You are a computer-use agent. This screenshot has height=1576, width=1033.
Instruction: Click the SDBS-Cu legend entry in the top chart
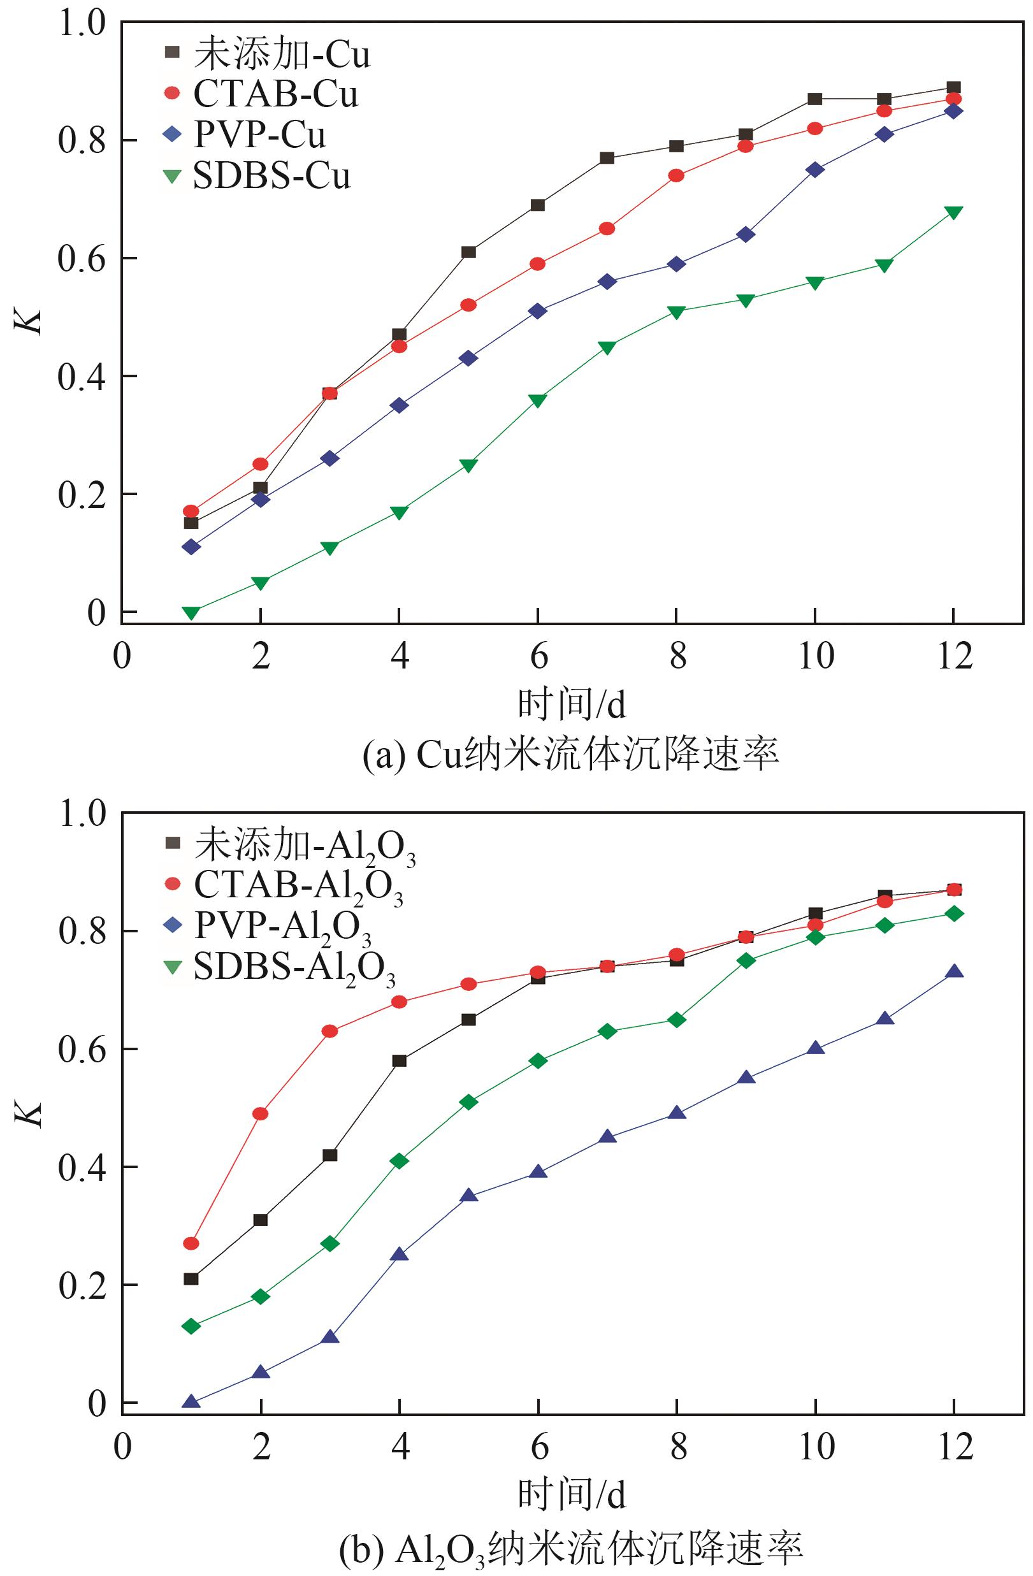(258, 176)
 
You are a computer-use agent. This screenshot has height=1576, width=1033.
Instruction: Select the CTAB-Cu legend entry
(261, 95)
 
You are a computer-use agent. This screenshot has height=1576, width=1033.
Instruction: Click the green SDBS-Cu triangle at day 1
(191, 612)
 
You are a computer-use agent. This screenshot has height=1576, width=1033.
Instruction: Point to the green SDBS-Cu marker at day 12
(953, 212)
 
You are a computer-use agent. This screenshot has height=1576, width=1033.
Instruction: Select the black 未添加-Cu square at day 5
(469, 252)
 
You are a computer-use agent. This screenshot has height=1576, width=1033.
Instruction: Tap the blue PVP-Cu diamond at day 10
(815, 170)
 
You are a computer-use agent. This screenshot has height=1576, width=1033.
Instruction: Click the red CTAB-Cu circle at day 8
(676, 175)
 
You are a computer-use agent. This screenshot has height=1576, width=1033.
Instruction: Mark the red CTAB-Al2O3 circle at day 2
(261, 1113)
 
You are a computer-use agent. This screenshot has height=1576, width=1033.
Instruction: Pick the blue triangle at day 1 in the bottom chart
(191, 1401)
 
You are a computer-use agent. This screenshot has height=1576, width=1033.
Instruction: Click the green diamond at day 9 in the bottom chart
(746, 960)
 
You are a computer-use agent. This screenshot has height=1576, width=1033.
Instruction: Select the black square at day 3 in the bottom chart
(329, 1155)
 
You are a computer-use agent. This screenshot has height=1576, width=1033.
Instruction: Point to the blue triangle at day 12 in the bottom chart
(953, 971)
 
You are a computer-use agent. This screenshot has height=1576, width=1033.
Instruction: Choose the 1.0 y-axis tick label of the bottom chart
(82, 813)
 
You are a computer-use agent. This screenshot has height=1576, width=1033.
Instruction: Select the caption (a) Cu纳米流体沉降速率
(571, 755)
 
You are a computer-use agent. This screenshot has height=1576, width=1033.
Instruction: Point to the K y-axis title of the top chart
(31, 322)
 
